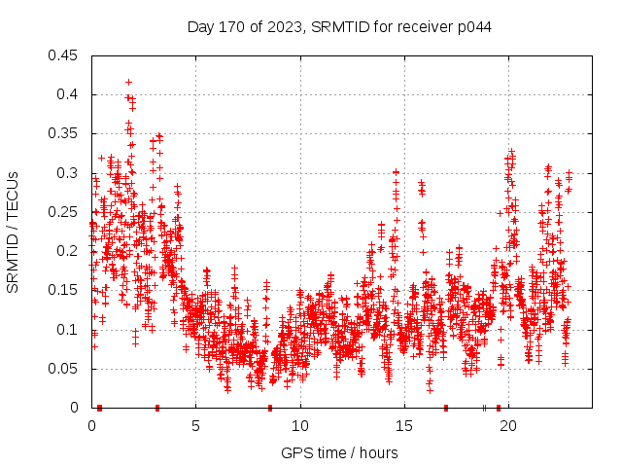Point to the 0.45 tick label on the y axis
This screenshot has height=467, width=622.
(64, 55)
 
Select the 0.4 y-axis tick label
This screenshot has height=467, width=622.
(68, 94)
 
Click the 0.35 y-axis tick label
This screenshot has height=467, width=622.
(64, 133)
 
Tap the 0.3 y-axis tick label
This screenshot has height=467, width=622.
(68, 173)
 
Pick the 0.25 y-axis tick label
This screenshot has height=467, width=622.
(64, 212)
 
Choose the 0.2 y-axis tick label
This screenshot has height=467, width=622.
(68, 251)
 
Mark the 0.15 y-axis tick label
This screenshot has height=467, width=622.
(64, 290)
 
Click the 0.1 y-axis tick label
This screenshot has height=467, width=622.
(68, 329)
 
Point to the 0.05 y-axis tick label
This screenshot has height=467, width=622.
(64, 369)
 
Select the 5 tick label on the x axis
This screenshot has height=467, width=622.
(195, 425)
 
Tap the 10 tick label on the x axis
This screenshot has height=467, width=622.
(300, 425)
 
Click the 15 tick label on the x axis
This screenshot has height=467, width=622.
(404, 425)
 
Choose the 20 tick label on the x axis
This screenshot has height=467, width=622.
(508, 425)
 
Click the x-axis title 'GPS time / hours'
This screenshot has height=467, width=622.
(339, 452)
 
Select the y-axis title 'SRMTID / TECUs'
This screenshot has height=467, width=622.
(13, 232)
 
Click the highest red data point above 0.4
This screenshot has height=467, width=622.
(128, 83)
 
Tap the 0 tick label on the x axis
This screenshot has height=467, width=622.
(91, 425)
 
